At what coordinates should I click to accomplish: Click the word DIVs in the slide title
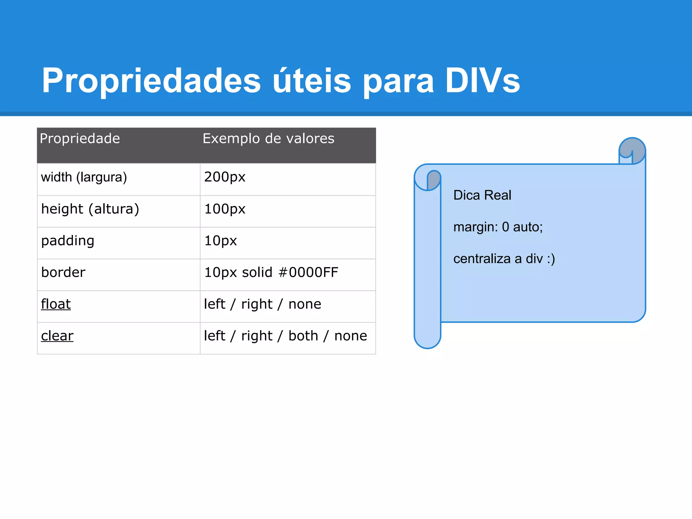(482, 80)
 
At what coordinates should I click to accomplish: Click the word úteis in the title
(312, 80)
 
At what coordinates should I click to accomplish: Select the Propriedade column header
(80, 139)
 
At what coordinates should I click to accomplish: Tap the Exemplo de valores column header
(268, 139)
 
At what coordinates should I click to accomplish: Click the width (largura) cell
(84, 177)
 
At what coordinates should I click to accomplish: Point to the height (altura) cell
(90, 209)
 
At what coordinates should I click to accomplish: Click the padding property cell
(68, 241)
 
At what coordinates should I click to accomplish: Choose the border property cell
(63, 272)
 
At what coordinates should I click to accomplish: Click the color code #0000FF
(308, 272)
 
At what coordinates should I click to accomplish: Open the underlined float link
(56, 304)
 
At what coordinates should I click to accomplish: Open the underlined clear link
(57, 336)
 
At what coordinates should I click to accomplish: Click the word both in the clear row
(303, 336)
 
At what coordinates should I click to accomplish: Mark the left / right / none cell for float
(263, 304)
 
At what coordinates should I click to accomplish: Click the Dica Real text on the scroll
(482, 195)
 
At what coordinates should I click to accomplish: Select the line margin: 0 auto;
(498, 227)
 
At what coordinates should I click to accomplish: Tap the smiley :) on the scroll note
(551, 259)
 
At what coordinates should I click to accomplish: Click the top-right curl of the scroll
(632, 151)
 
